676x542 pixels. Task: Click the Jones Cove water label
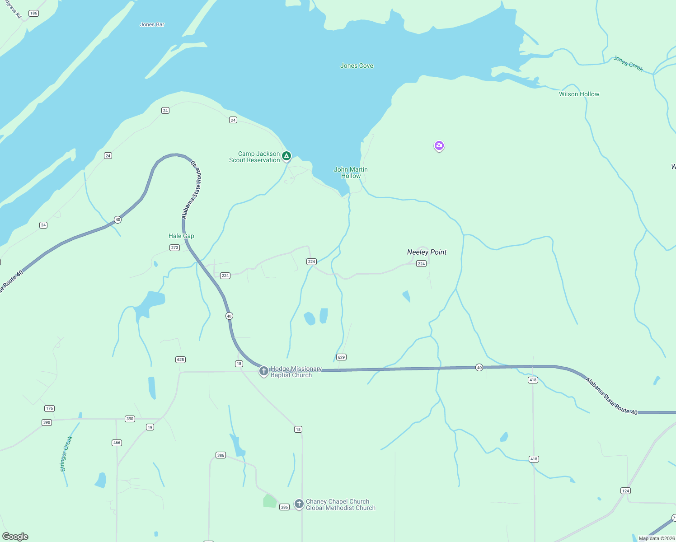pyautogui.click(x=357, y=66)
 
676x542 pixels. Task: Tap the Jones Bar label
pyautogui.click(x=152, y=24)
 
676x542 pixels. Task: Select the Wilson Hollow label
pyautogui.click(x=579, y=94)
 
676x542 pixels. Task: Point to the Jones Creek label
pyautogui.click(x=628, y=64)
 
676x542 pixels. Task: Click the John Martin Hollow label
pyautogui.click(x=351, y=173)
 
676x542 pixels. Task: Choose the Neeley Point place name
pyautogui.click(x=427, y=252)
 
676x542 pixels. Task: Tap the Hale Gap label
pyautogui.click(x=181, y=236)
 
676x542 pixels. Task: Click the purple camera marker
pyautogui.click(x=439, y=145)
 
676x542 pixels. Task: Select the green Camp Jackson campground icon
pyautogui.click(x=286, y=156)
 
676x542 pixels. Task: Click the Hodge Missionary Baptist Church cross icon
pyautogui.click(x=264, y=371)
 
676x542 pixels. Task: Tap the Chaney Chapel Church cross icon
pyautogui.click(x=299, y=504)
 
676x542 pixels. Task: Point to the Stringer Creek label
pyautogui.click(x=66, y=453)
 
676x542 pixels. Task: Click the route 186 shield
pyautogui.click(x=34, y=13)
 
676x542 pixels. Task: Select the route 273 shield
pyautogui.click(x=174, y=248)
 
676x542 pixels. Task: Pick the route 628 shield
pyautogui.click(x=181, y=360)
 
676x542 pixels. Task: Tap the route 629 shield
pyautogui.click(x=341, y=357)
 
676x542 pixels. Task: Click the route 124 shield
pyautogui.click(x=625, y=491)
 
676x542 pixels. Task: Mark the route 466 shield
pyautogui.click(x=117, y=443)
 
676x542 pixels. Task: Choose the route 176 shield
pyautogui.click(x=49, y=408)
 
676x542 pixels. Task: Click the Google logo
pyautogui.click(x=15, y=537)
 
